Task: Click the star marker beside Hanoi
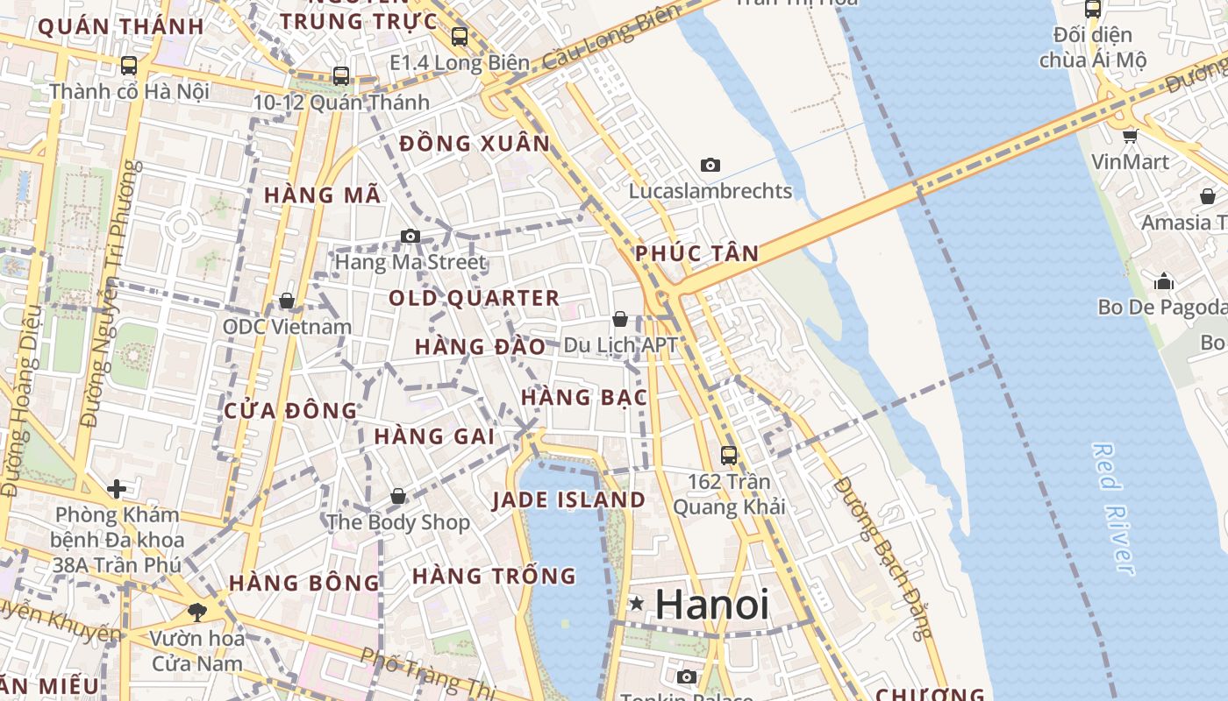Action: tap(637, 604)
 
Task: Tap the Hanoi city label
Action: tap(711, 605)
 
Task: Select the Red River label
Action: tap(1114, 508)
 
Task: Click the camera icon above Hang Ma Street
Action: tap(410, 236)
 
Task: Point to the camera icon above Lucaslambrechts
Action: tap(710, 165)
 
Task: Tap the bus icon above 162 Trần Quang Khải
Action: tap(729, 456)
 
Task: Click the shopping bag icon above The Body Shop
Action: tap(398, 497)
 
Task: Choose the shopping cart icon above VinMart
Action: tap(1131, 136)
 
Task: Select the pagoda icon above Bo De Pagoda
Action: tap(1164, 281)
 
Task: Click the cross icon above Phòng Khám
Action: tap(117, 488)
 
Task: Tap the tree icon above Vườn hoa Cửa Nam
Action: tap(196, 612)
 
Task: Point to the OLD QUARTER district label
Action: tap(474, 298)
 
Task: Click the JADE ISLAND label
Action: tap(568, 500)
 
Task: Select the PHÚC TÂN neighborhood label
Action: tap(696, 254)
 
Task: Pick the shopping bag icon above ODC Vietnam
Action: tap(286, 301)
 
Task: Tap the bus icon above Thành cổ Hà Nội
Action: tap(129, 66)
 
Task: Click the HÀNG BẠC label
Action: tap(584, 398)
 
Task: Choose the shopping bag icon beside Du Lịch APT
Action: tap(620, 319)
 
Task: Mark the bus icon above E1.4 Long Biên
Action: tap(460, 37)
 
